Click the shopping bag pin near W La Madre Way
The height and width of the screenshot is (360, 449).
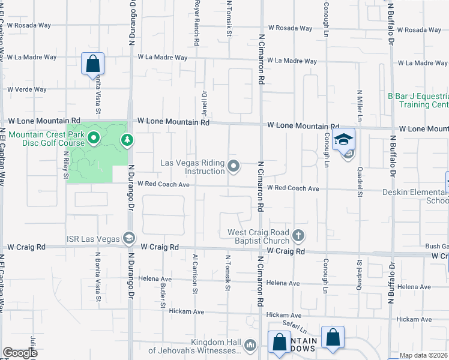click(93, 63)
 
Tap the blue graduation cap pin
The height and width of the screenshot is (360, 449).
click(343, 140)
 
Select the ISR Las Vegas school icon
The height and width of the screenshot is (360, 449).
click(128, 238)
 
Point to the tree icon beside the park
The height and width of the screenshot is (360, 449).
click(127, 140)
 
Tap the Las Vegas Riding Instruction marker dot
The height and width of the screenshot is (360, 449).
click(234, 166)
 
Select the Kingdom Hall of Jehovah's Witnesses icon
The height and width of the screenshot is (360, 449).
click(250, 344)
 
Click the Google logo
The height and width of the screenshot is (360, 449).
click(20, 353)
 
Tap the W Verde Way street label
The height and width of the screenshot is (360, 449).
click(26, 89)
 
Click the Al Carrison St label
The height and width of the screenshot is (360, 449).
click(195, 273)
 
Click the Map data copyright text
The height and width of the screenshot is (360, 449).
click(424, 355)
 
